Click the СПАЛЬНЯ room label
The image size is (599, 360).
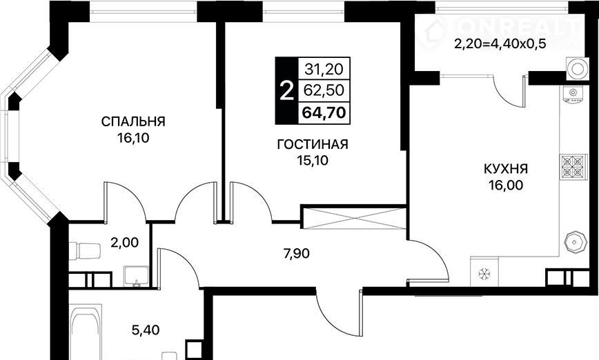[x=133, y=122]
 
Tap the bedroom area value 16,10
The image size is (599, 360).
[x=133, y=138]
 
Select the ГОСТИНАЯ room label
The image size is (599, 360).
[x=313, y=145]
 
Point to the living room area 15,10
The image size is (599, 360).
[x=313, y=161]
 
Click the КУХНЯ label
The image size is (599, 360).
[x=506, y=169]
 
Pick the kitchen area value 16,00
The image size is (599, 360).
[x=506, y=185]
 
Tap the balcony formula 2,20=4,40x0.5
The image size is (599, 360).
[x=500, y=44]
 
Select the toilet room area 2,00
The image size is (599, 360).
[x=124, y=242]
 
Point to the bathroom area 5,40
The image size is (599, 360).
[x=146, y=330]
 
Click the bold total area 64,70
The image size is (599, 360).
[x=324, y=112]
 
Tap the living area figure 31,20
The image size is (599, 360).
[x=324, y=69]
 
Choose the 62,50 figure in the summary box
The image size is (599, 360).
[x=324, y=90]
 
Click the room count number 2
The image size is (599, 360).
[x=286, y=91]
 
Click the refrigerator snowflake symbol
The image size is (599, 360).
[x=484, y=273]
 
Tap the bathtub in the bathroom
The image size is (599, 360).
[x=86, y=331]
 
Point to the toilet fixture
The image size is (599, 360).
[x=85, y=251]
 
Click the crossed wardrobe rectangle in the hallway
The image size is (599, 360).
[x=353, y=218]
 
